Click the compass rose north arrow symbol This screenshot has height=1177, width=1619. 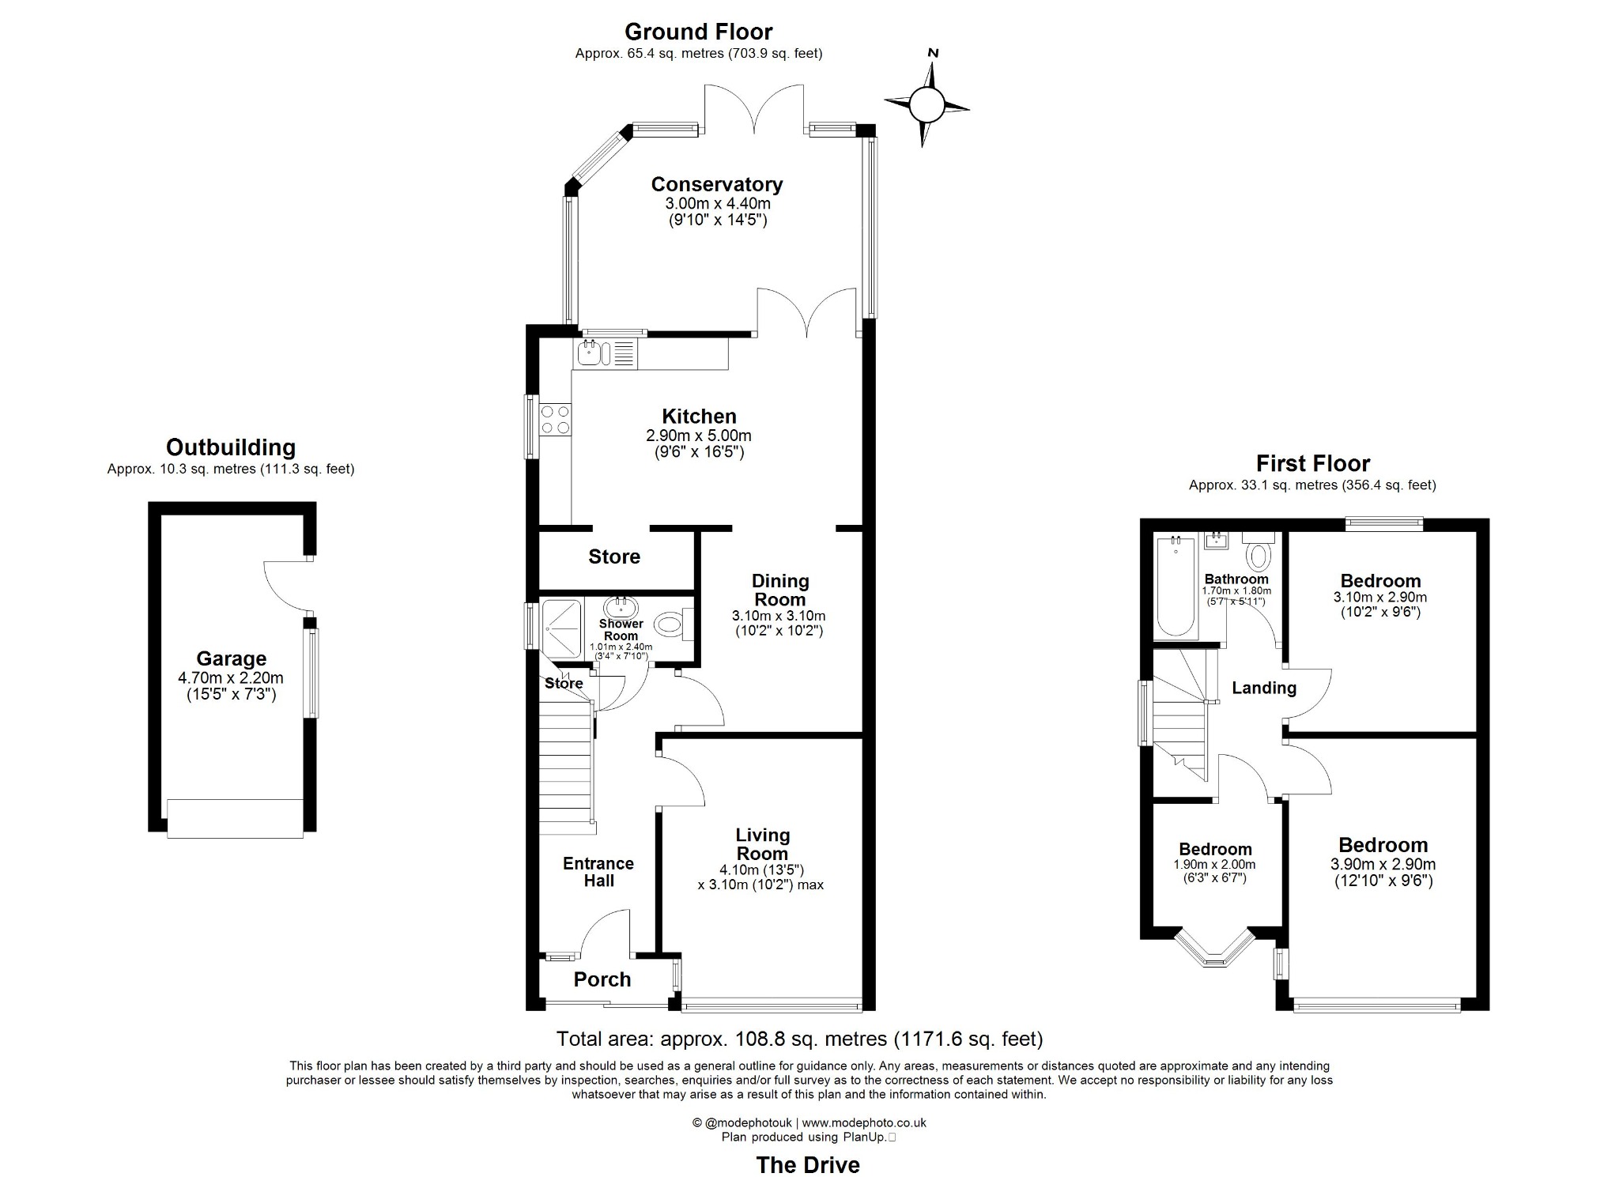tap(926, 103)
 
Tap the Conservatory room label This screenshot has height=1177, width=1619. tap(716, 184)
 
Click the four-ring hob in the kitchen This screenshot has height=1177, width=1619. tap(555, 419)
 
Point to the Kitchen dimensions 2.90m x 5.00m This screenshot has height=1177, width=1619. tap(699, 436)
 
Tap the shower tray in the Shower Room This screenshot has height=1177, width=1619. tap(562, 629)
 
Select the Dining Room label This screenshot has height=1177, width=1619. tap(779, 590)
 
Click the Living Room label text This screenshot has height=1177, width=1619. tap(762, 844)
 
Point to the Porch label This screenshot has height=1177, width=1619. tap(602, 979)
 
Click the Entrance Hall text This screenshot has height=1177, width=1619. tap(598, 871)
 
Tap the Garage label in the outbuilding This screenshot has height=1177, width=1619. tap(231, 658)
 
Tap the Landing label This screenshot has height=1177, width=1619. tap(1263, 688)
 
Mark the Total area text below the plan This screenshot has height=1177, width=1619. tap(799, 1038)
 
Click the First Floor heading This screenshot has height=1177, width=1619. tap(1312, 463)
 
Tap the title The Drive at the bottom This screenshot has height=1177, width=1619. tap(807, 1164)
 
